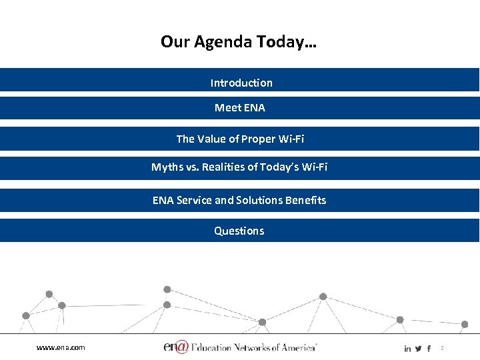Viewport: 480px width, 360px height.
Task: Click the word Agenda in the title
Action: (223, 43)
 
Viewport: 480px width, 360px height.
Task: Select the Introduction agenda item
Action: (241, 83)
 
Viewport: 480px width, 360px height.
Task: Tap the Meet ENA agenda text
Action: (239, 107)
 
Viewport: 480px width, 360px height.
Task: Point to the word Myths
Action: (168, 167)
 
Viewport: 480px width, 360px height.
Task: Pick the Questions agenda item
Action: (239, 231)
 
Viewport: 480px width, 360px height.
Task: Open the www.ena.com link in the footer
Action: (61, 347)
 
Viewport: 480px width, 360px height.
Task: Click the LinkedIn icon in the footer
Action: (407, 349)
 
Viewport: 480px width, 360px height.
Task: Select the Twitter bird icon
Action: (418, 349)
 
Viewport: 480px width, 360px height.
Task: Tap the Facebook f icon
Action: (428, 349)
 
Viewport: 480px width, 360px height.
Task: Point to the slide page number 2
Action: (441, 349)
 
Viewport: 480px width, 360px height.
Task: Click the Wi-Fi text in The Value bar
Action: (290, 139)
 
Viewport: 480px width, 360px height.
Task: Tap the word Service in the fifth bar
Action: (195, 200)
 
